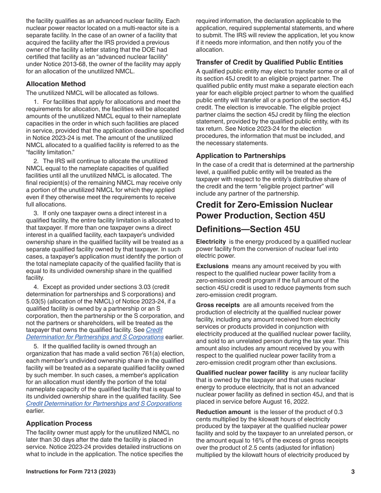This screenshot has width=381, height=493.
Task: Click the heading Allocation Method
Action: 56,84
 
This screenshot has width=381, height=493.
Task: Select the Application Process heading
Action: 59,423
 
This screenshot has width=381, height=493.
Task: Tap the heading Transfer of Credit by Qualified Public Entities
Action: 269,62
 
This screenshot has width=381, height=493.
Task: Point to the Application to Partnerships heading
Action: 241,156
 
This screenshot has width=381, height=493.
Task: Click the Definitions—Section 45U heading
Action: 248,229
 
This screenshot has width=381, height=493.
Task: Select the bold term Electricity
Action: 211,242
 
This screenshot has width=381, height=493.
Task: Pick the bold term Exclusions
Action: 212,266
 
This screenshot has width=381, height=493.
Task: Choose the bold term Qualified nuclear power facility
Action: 242,373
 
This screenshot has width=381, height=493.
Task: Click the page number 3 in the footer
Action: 353,472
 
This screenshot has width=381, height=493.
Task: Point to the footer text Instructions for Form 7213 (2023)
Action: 71,472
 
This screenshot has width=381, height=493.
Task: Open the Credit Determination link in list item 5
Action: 104,404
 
